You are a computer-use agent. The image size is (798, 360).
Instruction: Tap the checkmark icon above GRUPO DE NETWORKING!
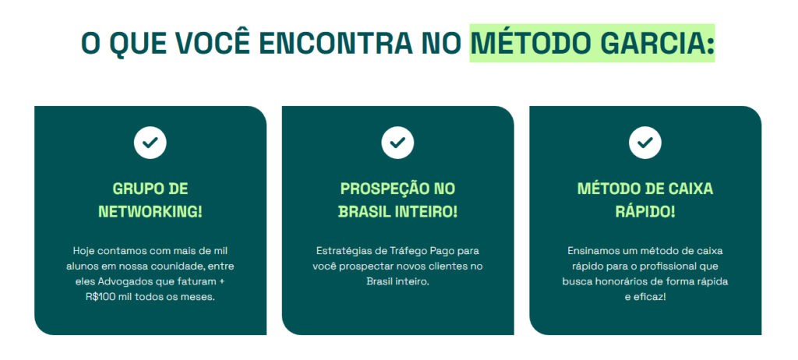click(150, 143)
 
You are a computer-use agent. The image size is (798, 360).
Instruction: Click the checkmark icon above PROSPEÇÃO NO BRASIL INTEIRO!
click(397, 143)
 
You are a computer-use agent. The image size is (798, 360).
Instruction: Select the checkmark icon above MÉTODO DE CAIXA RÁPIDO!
click(644, 143)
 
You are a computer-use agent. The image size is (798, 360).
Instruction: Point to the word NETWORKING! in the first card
click(150, 212)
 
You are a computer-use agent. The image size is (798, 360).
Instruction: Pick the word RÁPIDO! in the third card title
click(644, 212)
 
